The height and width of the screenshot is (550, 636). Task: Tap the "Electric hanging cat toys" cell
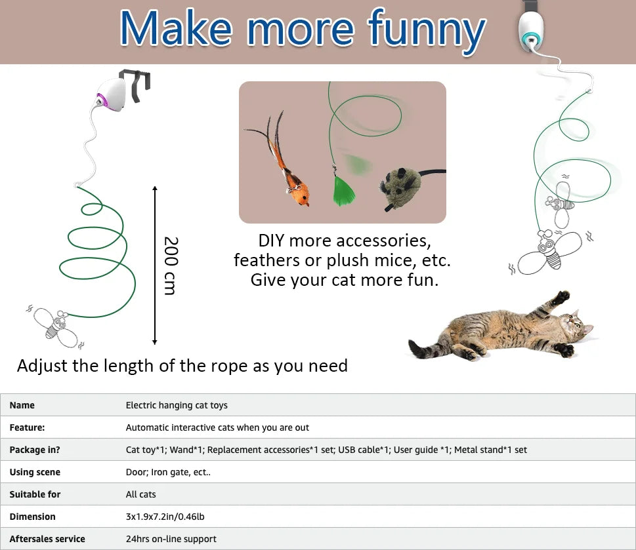click(177, 405)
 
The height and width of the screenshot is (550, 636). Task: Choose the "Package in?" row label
click(36, 450)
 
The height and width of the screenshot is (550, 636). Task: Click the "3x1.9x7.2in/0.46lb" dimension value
click(165, 517)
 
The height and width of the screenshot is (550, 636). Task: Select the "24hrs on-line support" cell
click(171, 539)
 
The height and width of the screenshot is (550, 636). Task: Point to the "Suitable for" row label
click(35, 494)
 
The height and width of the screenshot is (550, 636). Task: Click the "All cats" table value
click(140, 494)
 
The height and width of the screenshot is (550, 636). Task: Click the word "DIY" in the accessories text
click(272, 241)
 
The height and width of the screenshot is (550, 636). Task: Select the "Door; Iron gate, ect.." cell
click(168, 472)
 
